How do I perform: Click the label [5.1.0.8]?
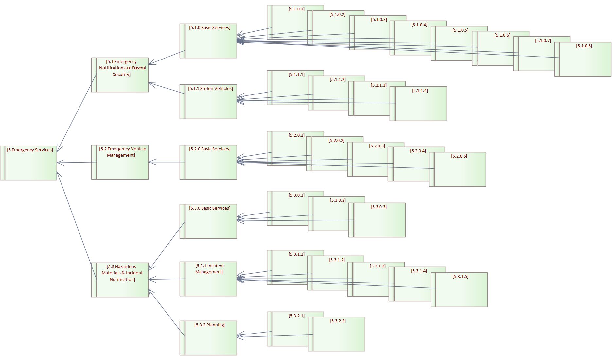(584, 46)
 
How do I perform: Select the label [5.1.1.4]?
(420, 91)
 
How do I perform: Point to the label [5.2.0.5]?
(459, 156)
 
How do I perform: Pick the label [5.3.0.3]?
(378, 207)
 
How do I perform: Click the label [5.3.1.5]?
(460, 277)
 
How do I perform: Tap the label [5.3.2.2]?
(338, 321)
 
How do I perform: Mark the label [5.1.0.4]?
(419, 25)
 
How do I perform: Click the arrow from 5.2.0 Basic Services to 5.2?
(167, 162)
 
